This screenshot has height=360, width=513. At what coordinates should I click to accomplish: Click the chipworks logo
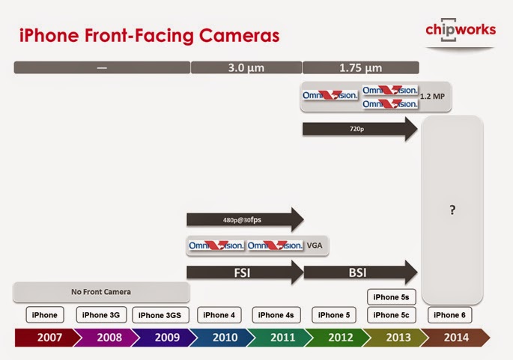(x=461, y=30)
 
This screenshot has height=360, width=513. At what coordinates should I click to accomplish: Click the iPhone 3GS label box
(x=160, y=315)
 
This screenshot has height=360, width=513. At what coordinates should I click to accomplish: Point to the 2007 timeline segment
(x=44, y=338)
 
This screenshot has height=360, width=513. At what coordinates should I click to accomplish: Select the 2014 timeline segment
(x=453, y=338)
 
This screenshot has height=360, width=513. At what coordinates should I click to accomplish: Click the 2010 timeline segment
(x=225, y=338)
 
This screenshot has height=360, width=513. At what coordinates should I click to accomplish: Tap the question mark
(x=452, y=210)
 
